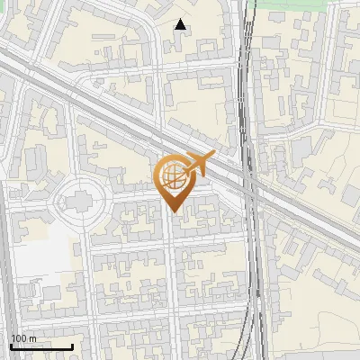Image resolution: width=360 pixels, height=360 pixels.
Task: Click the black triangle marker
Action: pos(181,24)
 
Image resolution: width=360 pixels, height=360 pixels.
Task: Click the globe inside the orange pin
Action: pos(171,179)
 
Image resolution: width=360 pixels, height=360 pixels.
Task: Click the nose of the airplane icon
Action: pos(213,156)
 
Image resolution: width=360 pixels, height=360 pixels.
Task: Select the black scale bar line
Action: pos(41,346)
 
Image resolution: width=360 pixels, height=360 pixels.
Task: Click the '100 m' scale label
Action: pos(22,338)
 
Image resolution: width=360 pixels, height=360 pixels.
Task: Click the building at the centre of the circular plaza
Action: pos(80,197)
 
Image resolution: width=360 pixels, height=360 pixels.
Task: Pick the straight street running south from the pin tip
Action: pos(170,270)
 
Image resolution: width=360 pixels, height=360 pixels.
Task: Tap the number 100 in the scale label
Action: pos(18,338)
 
